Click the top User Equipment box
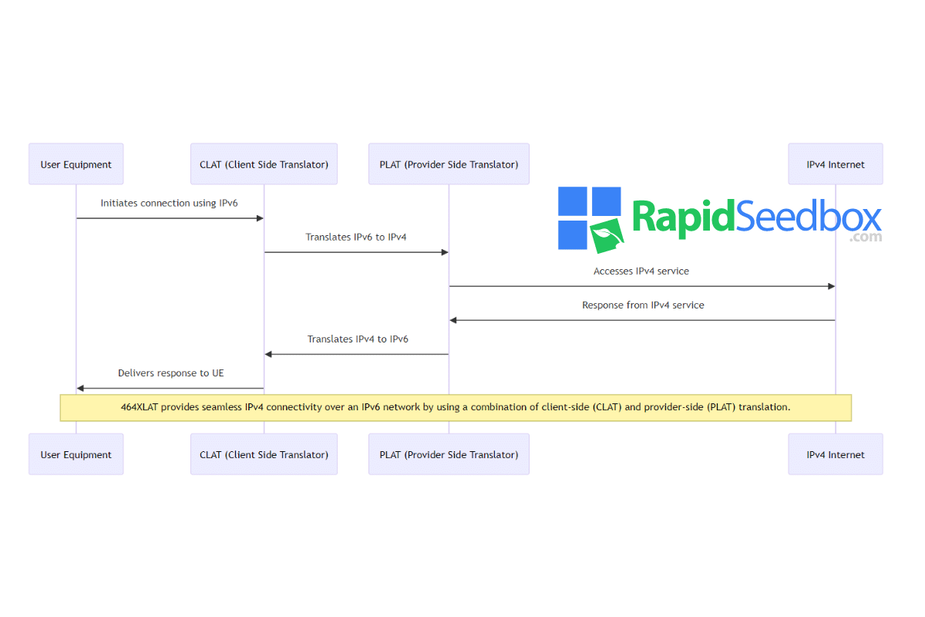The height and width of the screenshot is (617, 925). (x=76, y=164)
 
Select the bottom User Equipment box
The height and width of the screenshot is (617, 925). (x=76, y=454)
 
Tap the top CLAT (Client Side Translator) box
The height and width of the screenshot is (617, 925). (x=264, y=164)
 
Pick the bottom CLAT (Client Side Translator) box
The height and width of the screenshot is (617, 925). (x=264, y=454)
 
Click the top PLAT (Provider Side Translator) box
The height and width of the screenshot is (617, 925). (x=449, y=164)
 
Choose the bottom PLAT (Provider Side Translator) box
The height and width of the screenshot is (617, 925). (x=449, y=454)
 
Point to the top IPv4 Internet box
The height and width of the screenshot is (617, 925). (x=836, y=164)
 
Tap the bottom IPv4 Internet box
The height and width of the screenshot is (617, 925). (x=836, y=454)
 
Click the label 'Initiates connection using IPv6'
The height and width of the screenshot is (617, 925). (x=170, y=204)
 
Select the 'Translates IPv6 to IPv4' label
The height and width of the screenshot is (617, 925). (x=356, y=238)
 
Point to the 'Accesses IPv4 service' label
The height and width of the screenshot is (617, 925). (x=641, y=271)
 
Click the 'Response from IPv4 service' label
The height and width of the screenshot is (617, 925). (x=643, y=305)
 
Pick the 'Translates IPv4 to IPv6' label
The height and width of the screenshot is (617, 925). (x=358, y=339)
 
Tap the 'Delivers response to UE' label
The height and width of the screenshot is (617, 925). (x=171, y=373)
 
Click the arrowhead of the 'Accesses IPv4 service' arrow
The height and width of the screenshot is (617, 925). (x=831, y=286)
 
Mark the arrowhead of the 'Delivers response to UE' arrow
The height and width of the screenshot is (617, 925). (x=80, y=389)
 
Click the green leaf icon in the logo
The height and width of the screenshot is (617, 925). (x=607, y=235)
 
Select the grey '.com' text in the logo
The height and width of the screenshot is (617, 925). (x=866, y=238)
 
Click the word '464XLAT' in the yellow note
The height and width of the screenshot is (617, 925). (x=140, y=407)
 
